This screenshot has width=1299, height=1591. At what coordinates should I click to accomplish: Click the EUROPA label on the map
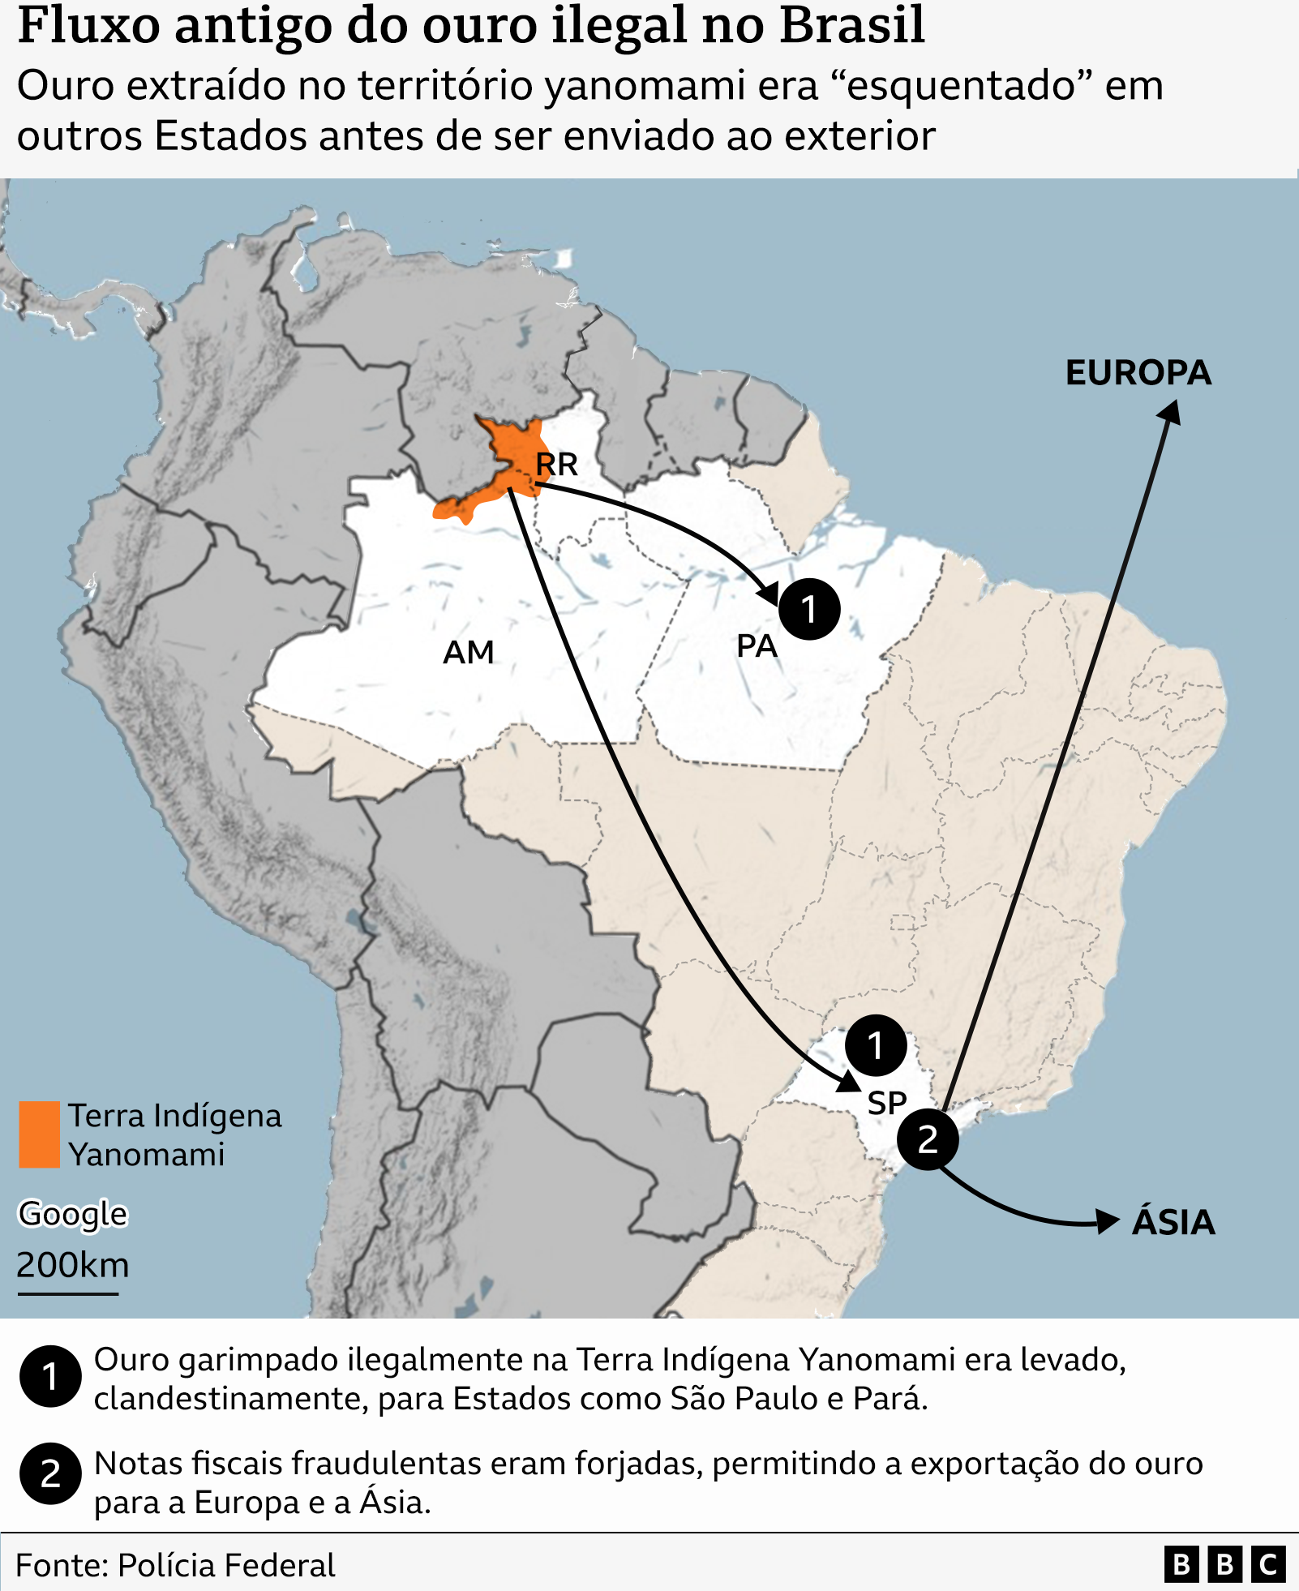pyautogui.click(x=1138, y=373)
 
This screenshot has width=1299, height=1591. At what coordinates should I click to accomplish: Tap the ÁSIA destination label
pyautogui.click(x=1173, y=1222)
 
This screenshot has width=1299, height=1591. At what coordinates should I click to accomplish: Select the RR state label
pyautogui.click(x=556, y=465)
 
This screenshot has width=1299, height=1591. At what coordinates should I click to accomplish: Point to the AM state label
pyautogui.click(x=468, y=652)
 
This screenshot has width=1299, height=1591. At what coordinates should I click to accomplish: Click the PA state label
pyautogui.click(x=757, y=646)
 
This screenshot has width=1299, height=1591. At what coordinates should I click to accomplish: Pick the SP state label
pyautogui.click(x=886, y=1103)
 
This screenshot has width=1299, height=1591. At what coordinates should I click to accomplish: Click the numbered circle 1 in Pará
pyautogui.click(x=809, y=609)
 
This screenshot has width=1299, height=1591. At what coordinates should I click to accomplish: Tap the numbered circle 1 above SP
pyautogui.click(x=876, y=1045)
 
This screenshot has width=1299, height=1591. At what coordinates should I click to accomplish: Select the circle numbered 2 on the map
pyautogui.click(x=928, y=1139)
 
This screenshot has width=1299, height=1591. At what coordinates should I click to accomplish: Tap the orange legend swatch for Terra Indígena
pyautogui.click(x=39, y=1134)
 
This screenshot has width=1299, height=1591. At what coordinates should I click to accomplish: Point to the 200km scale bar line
pyautogui.click(x=68, y=1293)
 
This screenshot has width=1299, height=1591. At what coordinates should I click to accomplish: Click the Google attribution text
pyautogui.click(x=73, y=1214)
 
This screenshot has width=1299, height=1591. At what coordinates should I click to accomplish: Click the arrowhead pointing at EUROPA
pyautogui.click(x=1171, y=412)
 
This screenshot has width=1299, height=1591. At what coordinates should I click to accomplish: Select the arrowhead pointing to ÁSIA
pyautogui.click(x=1108, y=1220)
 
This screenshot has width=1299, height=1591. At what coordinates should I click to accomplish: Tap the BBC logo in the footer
pyautogui.click(x=1224, y=1564)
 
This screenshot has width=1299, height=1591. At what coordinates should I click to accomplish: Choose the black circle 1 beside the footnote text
pyautogui.click(x=50, y=1376)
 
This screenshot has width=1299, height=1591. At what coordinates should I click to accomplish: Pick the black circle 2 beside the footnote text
pyautogui.click(x=50, y=1473)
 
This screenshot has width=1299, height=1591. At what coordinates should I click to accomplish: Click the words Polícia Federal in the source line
pyautogui.click(x=226, y=1565)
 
